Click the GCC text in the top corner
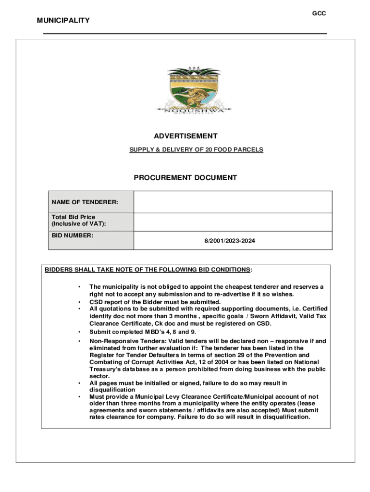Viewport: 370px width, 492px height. pyautogui.click(x=319, y=13)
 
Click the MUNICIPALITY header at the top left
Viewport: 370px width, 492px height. pyautogui.click(x=63, y=20)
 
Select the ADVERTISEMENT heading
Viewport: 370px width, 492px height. pyautogui.click(x=185, y=136)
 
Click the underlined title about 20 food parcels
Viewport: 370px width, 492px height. pyautogui.click(x=196, y=150)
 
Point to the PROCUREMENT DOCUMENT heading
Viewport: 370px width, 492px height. pyautogui.click(x=185, y=178)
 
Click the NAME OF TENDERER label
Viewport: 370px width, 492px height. pyautogui.click(x=85, y=202)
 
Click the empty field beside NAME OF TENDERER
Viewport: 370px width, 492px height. pyautogui.click(x=233, y=202)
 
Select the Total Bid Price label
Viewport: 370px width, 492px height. pyautogui.click(x=79, y=221)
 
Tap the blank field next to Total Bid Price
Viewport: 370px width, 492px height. pyautogui.click(x=233, y=222)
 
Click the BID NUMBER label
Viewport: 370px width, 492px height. pyautogui.click(x=73, y=235)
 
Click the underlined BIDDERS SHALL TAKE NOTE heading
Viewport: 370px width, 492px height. pyautogui.click(x=148, y=270)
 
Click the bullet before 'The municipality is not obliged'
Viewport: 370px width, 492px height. pyautogui.click(x=79, y=287)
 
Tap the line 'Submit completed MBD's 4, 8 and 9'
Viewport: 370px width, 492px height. pyautogui.click(x=143, y=332)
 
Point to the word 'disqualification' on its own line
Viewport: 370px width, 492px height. pyautogui.click(x=112, y=390)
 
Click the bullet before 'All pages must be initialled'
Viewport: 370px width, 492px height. pyautogui.click(x=79, y=383)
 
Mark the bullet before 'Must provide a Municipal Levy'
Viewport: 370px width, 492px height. pyautogui.click(x=79, y=397)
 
